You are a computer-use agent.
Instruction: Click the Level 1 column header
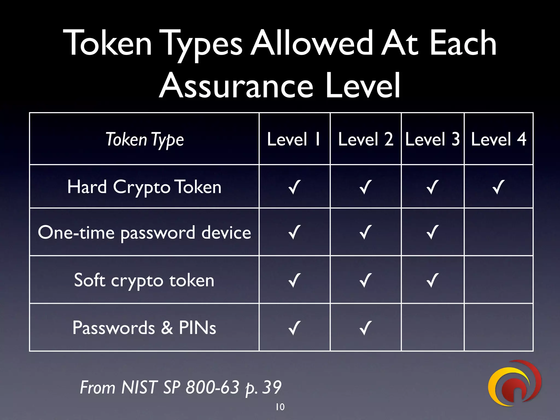(x=294, y=139)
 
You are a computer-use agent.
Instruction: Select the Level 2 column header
(x=366, y=139)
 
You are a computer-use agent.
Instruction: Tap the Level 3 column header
(x=432, y=139)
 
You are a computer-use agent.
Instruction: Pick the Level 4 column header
(x=498, y=139)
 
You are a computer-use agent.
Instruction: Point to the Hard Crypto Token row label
(x=144, y=187)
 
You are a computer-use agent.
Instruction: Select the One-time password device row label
(x=144, y=233)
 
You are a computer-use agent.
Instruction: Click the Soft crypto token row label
(x=144, y=281)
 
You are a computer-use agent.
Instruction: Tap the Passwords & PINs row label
(x=144, y=328)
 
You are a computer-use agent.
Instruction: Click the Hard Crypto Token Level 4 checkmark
(x=498, y=187)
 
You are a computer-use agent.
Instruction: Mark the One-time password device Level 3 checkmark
(x=433, y=232)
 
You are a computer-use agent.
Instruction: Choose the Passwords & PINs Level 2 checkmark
(x=366, y=328)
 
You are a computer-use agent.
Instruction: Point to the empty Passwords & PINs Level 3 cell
(x=433, y=327)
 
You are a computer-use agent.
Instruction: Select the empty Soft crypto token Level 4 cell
(x=498, y=280)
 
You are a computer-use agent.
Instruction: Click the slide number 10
(x=280, y=407)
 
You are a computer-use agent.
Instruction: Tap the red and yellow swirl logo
(x=514, y=383)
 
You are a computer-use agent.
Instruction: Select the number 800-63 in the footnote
(x=212, y=387)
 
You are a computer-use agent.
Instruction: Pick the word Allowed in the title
(x=312, y=43)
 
